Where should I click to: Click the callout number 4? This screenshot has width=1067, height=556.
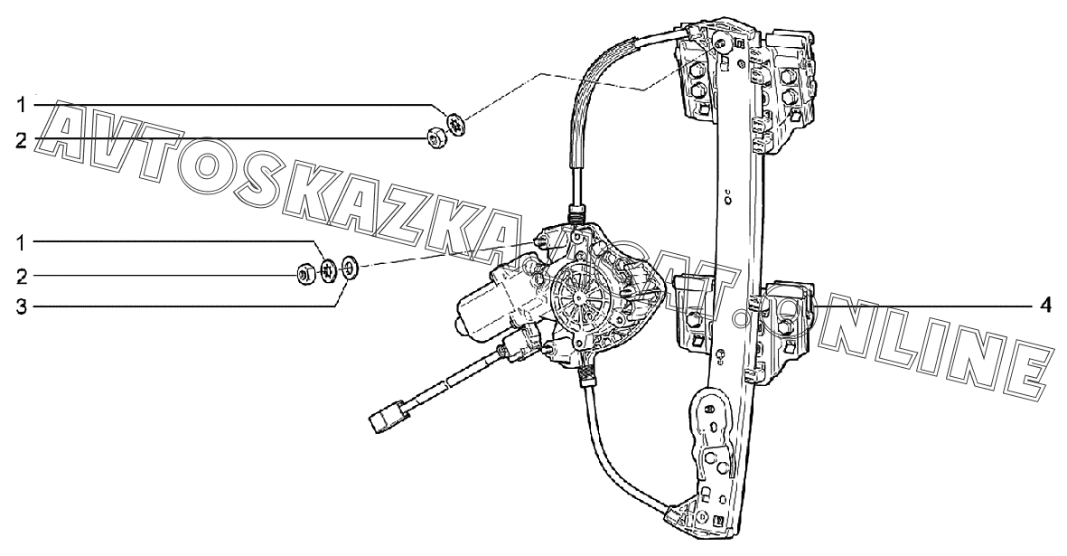pyautogui.click(x=1045, y=306)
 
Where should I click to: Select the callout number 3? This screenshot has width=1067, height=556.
pyautogui.click(x=22, y=307)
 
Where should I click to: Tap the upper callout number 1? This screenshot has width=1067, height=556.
pyautogui.click(x=22, y=105)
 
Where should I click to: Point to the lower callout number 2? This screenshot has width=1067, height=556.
pyautogui.click(x=22, y=276)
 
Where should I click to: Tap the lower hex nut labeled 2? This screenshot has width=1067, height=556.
pyautogui.click(x=305, y=273)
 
